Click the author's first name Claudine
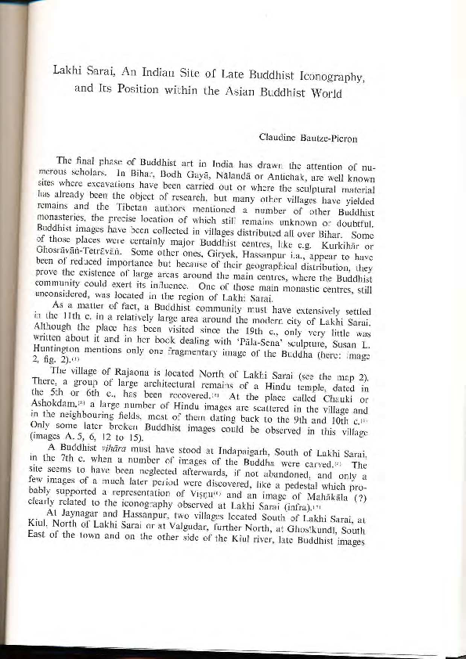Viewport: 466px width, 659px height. pyautogui.click(x=279, y=139)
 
